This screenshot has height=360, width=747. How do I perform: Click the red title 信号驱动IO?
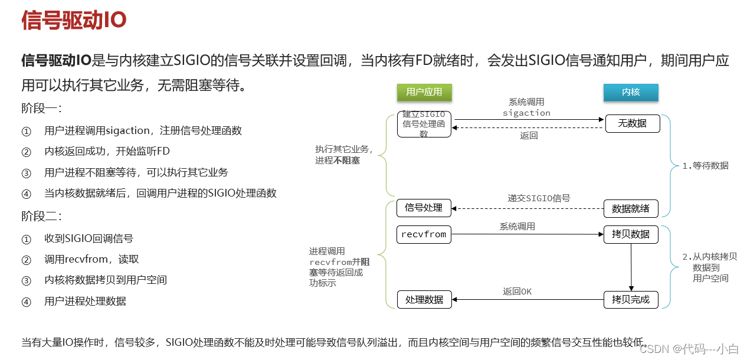pos(74,20)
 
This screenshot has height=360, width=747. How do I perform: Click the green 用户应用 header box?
pos(424,92)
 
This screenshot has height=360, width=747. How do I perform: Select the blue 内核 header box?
pos(631,92)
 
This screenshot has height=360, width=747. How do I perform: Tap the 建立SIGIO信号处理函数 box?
pos(424,124)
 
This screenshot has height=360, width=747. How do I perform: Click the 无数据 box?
pos(632,123)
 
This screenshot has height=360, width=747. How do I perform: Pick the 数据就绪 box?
pos(630,208)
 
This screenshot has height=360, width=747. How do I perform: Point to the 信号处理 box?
pos(424,208)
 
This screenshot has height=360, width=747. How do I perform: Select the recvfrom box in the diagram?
pos(424,234)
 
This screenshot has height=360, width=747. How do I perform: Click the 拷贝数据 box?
pos(630,234)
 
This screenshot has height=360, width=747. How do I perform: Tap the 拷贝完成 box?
pos(630,300)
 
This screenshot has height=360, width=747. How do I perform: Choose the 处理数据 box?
pos(424,300)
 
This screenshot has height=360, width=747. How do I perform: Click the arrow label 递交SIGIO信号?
pos(539,198)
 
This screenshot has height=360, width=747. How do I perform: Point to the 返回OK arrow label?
pos(517,292)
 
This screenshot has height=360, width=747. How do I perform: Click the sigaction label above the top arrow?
pos(526,113)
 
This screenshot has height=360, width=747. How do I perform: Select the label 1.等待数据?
pos(705,166)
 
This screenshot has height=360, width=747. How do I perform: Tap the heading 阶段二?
pos(42,216)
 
